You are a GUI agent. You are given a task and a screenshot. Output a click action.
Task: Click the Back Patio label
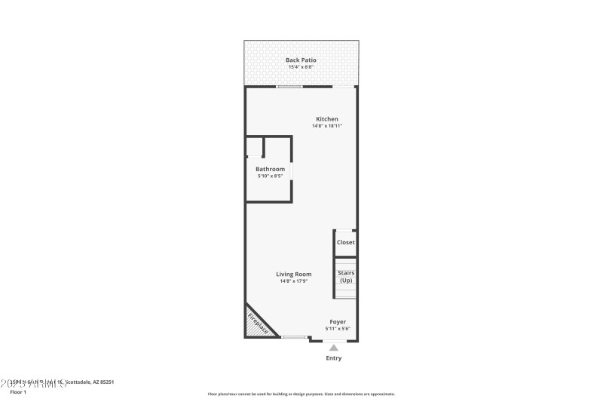tap(301, 60)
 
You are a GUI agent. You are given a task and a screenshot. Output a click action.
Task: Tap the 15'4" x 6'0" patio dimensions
tap(301, 67)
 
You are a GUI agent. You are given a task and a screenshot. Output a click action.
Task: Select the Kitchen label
tap(327, 119)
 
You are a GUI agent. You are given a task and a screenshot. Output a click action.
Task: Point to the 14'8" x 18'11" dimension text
tap(327, 126)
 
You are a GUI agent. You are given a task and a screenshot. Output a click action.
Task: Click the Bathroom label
tap(270, 169)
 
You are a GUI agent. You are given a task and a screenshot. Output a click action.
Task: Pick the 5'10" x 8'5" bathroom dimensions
tap(270, 176)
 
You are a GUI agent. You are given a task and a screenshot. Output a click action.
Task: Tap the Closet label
tap(345, 242)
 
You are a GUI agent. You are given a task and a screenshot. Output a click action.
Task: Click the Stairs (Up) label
tap(346, 277)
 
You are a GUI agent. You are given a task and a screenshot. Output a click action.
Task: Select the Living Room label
tap(293, 274)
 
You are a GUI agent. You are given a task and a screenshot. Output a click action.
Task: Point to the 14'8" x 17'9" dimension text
tap(293, 281)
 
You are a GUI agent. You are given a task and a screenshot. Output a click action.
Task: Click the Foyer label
tap(338, 321)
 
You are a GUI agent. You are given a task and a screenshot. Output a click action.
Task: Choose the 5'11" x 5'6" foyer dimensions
tap(338, 328)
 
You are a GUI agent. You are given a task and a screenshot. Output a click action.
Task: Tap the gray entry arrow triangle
tap(334, 347)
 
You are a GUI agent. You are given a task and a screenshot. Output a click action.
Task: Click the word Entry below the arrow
tap(334, 358)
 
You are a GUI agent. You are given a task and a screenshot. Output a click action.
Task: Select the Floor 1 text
tap(17, 392)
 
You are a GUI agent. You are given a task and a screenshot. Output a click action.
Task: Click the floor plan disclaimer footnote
tap(301, 394)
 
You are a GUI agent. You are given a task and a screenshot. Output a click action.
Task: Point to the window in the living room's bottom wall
tap(294, 337)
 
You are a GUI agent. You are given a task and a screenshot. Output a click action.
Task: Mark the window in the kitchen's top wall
tap(289, 86)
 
